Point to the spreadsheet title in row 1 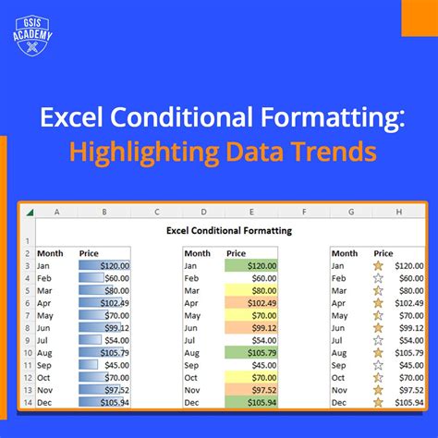click(x=228, y=230)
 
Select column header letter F click(x=304, y=213)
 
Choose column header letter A click(x=57, y=213)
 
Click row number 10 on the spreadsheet click(x=28, y=351)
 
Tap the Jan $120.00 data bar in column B click(x=104, y=264)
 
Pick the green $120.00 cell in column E click(x=250, y=264)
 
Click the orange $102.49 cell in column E click(x=250, y=302)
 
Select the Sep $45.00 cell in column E click(x=250, y=364)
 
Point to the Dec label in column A click(x=45, y=402)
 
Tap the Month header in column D click(x=197, y=252)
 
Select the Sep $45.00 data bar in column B click(x=104, y=364)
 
